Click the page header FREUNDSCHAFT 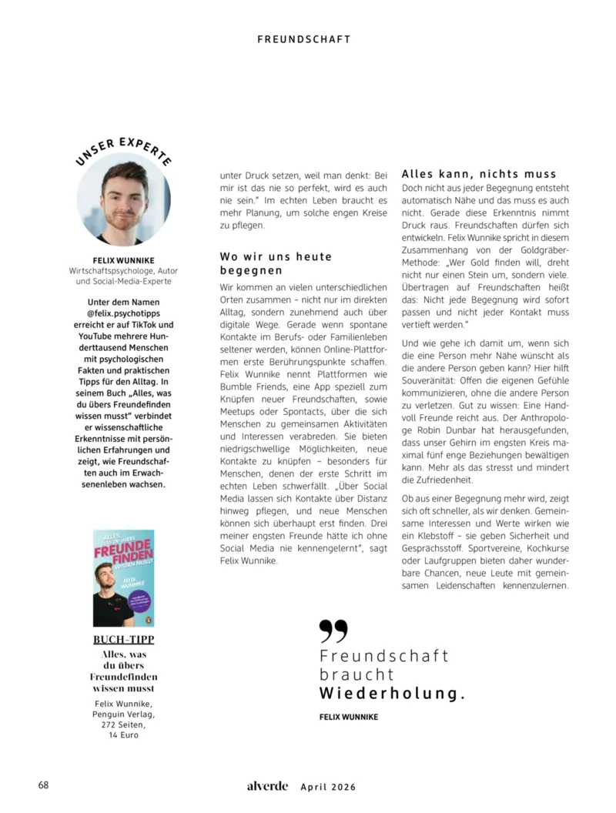tap(303, 38)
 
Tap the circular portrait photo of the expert tap(124, 203)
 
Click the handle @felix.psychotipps tap(123, 315)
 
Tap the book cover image tap(123, 577)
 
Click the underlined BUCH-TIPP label tap(123, 641)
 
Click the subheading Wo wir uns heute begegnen tap(276, 263)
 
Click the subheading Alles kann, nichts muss tap(479, 174)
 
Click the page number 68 tap(44, 785)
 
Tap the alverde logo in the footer tap(267, 786)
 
